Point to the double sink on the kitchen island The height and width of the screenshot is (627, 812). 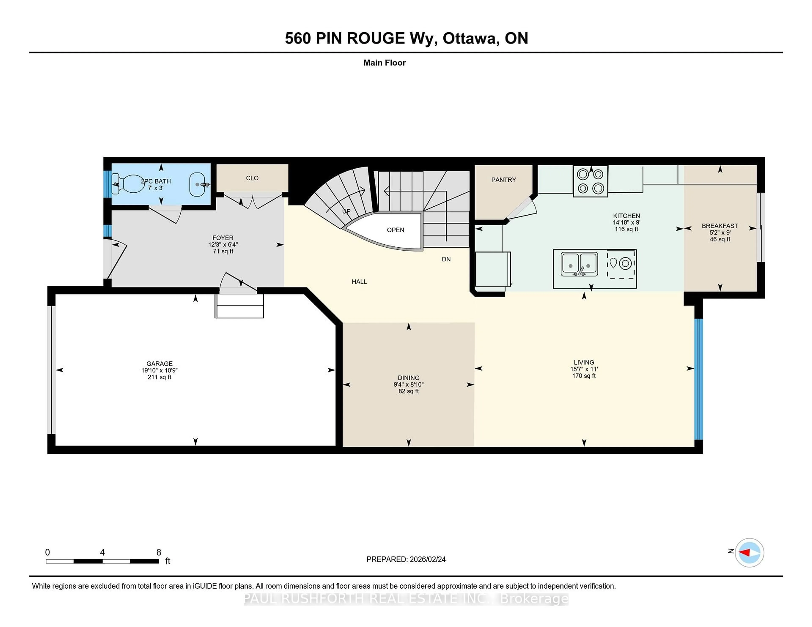click(579, 264)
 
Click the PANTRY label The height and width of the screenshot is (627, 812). click(503, 180)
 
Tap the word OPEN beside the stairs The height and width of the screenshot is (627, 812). click(395, 230)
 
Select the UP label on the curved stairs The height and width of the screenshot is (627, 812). click(346, 211)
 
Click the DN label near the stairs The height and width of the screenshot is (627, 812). click(446, 259)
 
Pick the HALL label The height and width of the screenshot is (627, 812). click(359, 282)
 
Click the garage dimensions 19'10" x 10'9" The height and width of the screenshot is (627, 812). click(159, 370)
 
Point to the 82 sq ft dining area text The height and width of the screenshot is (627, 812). click(408, 391)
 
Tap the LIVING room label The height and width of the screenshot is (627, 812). click(584, 362)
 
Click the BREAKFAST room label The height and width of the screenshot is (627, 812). click(720, 226)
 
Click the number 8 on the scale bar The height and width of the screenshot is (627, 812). click(159, 552)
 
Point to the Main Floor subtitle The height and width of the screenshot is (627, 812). click(384, 63)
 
